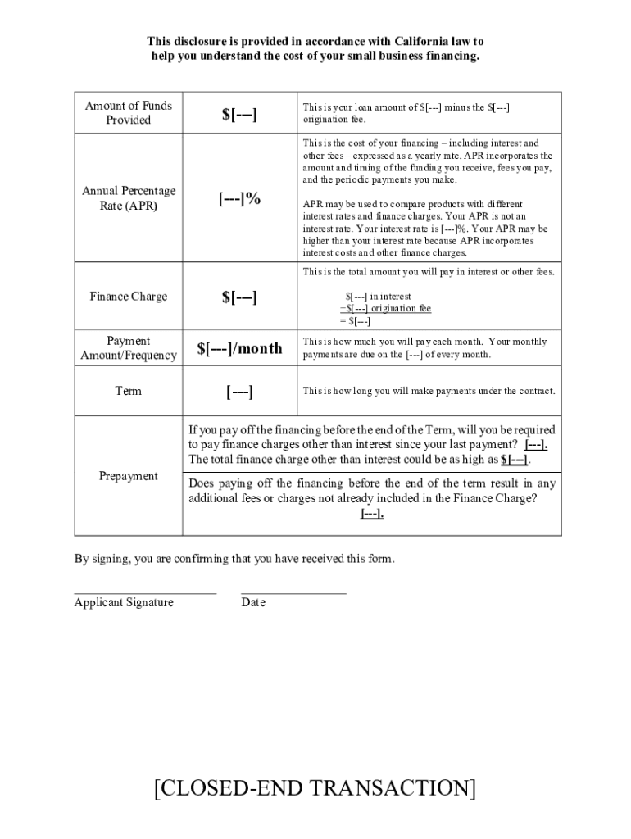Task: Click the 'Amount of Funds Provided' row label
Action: tap(128, 112)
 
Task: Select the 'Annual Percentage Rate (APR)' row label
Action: tap(128, 198)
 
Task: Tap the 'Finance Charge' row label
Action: tap(128, 297)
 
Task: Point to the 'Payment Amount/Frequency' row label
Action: tap(128, 348)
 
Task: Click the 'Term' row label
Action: tap(128, 391)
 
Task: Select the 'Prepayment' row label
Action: tap(128, 476)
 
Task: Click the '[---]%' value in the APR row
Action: tap(239, 198)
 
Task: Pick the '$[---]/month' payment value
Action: tap(239, 348)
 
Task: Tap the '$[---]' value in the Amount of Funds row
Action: tap(239, 114)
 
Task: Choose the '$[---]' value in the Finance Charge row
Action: tap(239, 297)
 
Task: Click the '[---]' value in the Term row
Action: tap(239, 392)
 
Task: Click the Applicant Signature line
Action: tap(145, 590)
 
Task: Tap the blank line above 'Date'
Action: tap(293, 590)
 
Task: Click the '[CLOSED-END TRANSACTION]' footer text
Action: tap(315, 788)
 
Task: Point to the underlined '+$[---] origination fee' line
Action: tap(385, 309)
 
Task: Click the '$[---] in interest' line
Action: tap(378, 297)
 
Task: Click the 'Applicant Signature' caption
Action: tap(124, 603)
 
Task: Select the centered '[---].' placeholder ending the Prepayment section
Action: tap(372, 514)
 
